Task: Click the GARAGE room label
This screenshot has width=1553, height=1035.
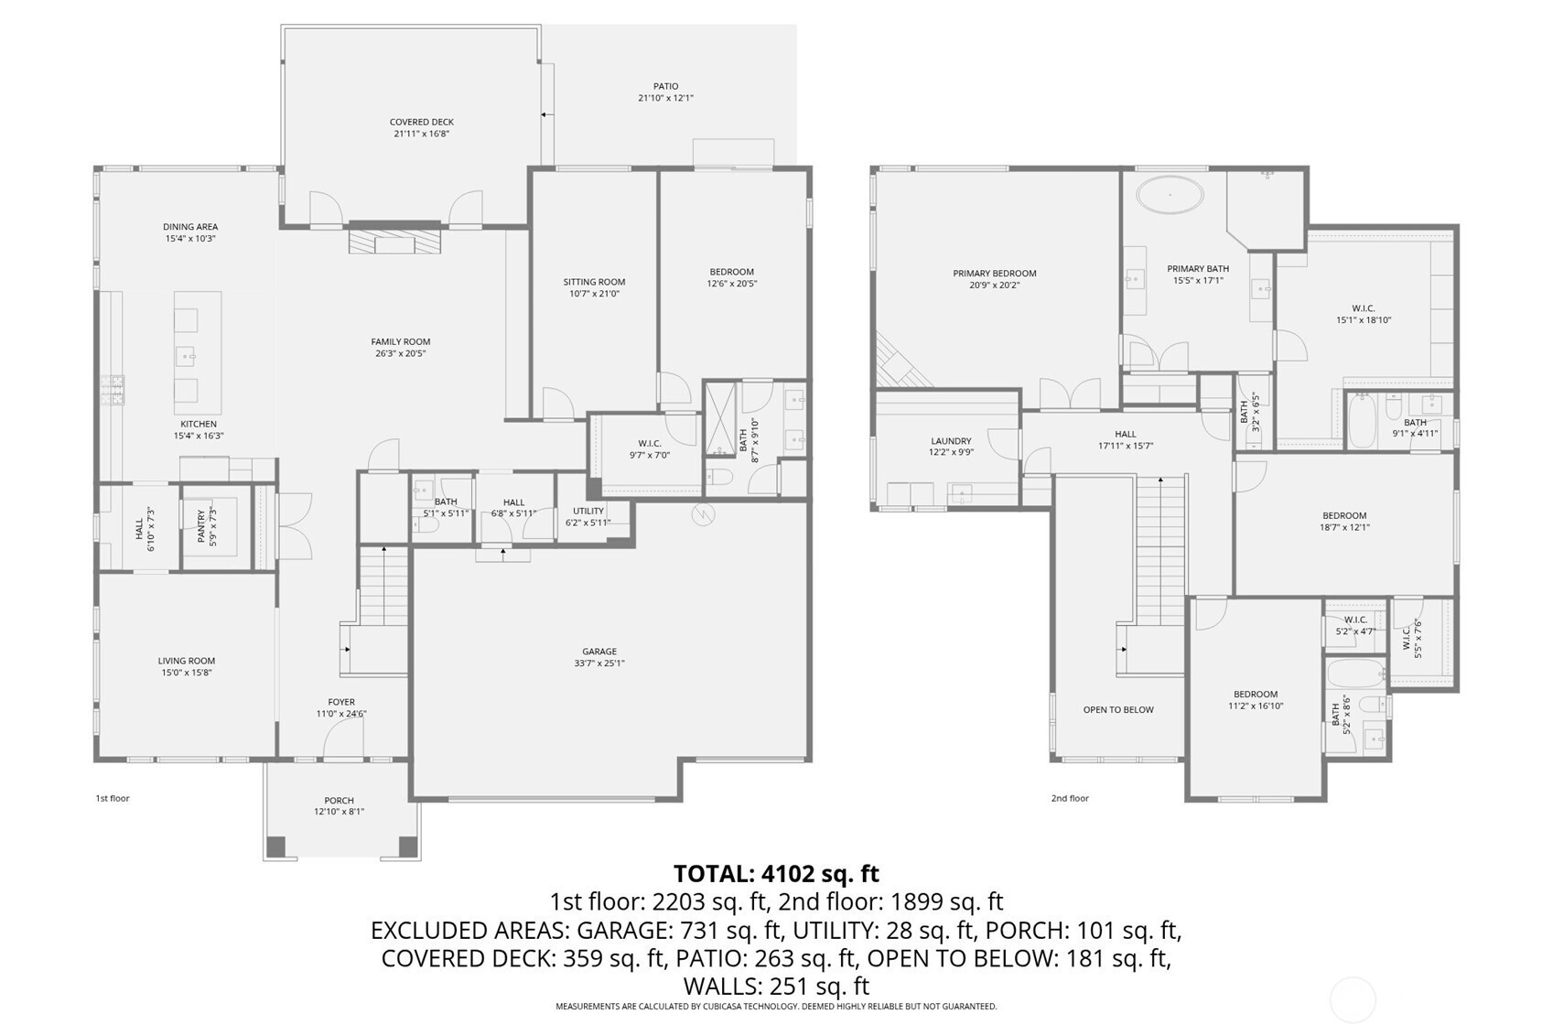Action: (599, 651)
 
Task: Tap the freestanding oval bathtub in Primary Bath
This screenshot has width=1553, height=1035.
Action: (1170, 195)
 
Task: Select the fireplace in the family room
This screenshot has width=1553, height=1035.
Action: (394, 242)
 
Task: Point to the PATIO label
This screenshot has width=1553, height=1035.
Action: (665, 87)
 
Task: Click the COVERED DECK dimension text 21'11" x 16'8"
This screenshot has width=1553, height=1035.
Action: (422, 134)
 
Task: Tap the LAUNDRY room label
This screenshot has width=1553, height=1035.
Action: (951, 441)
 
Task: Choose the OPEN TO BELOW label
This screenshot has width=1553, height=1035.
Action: (1118, 710)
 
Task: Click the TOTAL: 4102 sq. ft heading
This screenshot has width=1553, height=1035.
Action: (776, 873)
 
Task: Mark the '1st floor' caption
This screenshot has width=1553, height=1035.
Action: (113, 798)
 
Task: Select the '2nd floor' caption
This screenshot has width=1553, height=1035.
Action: (1070, 798)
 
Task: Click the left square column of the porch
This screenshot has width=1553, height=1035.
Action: (276, 846)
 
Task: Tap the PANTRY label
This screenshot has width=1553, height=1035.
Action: (201, 526)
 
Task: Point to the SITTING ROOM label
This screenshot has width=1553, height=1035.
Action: (594, 282)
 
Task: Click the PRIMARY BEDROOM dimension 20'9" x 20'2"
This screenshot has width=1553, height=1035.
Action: (994, 285)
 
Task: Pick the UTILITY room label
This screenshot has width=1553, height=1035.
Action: (588, 511)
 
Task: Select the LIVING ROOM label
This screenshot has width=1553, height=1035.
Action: (187, 661)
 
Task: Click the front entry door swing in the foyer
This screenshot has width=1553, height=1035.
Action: (341, 738)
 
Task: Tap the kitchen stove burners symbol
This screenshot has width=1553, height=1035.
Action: (112, 390)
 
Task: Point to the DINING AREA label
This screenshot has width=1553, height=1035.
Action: (190, 226)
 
